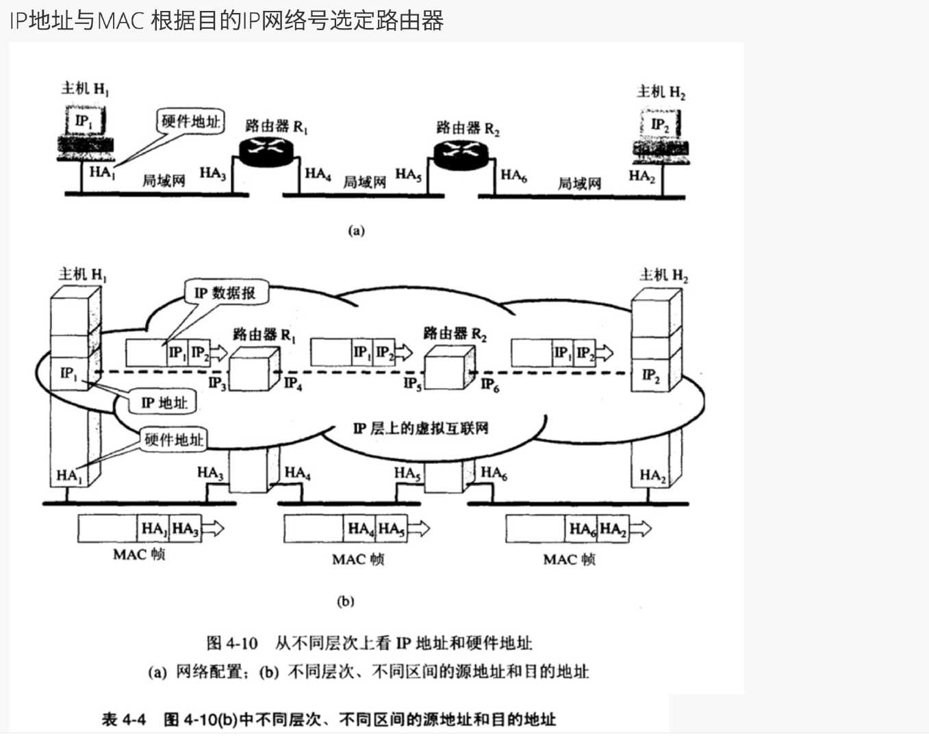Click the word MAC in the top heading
tap(120, 21)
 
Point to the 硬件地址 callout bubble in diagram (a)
tap(190, 122)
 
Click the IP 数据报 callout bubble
tap(225, 293)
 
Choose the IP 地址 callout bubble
tap(164, 402)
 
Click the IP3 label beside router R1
tap(216, 383)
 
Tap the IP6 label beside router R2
tap(489, 385)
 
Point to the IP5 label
tap(412, 383)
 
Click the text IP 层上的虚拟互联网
tap(420, 429)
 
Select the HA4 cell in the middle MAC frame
tap(360, 529)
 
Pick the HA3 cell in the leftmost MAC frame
tap(186, 529)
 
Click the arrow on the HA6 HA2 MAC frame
tap(640, 529)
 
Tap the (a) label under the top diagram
tap(356, 231)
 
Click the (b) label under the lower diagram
tap(346, 601)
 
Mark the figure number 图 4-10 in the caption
tap(232, 643)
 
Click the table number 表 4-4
tap(124, 719)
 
